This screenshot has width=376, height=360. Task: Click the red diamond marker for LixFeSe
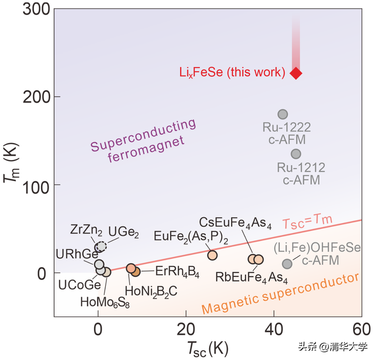pos(296,73)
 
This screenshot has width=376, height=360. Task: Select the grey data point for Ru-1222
pos(283,114)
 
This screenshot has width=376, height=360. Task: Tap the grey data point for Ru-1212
pos(296,154)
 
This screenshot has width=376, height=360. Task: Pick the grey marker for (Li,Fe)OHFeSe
pos(287,264)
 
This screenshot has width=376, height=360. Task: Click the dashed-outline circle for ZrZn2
pos(101,246)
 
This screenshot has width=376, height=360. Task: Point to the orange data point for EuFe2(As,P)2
pos(212,255)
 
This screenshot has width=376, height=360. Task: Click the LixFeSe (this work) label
pos(233,73)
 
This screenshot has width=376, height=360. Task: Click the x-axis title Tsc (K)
pos(207,346)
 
